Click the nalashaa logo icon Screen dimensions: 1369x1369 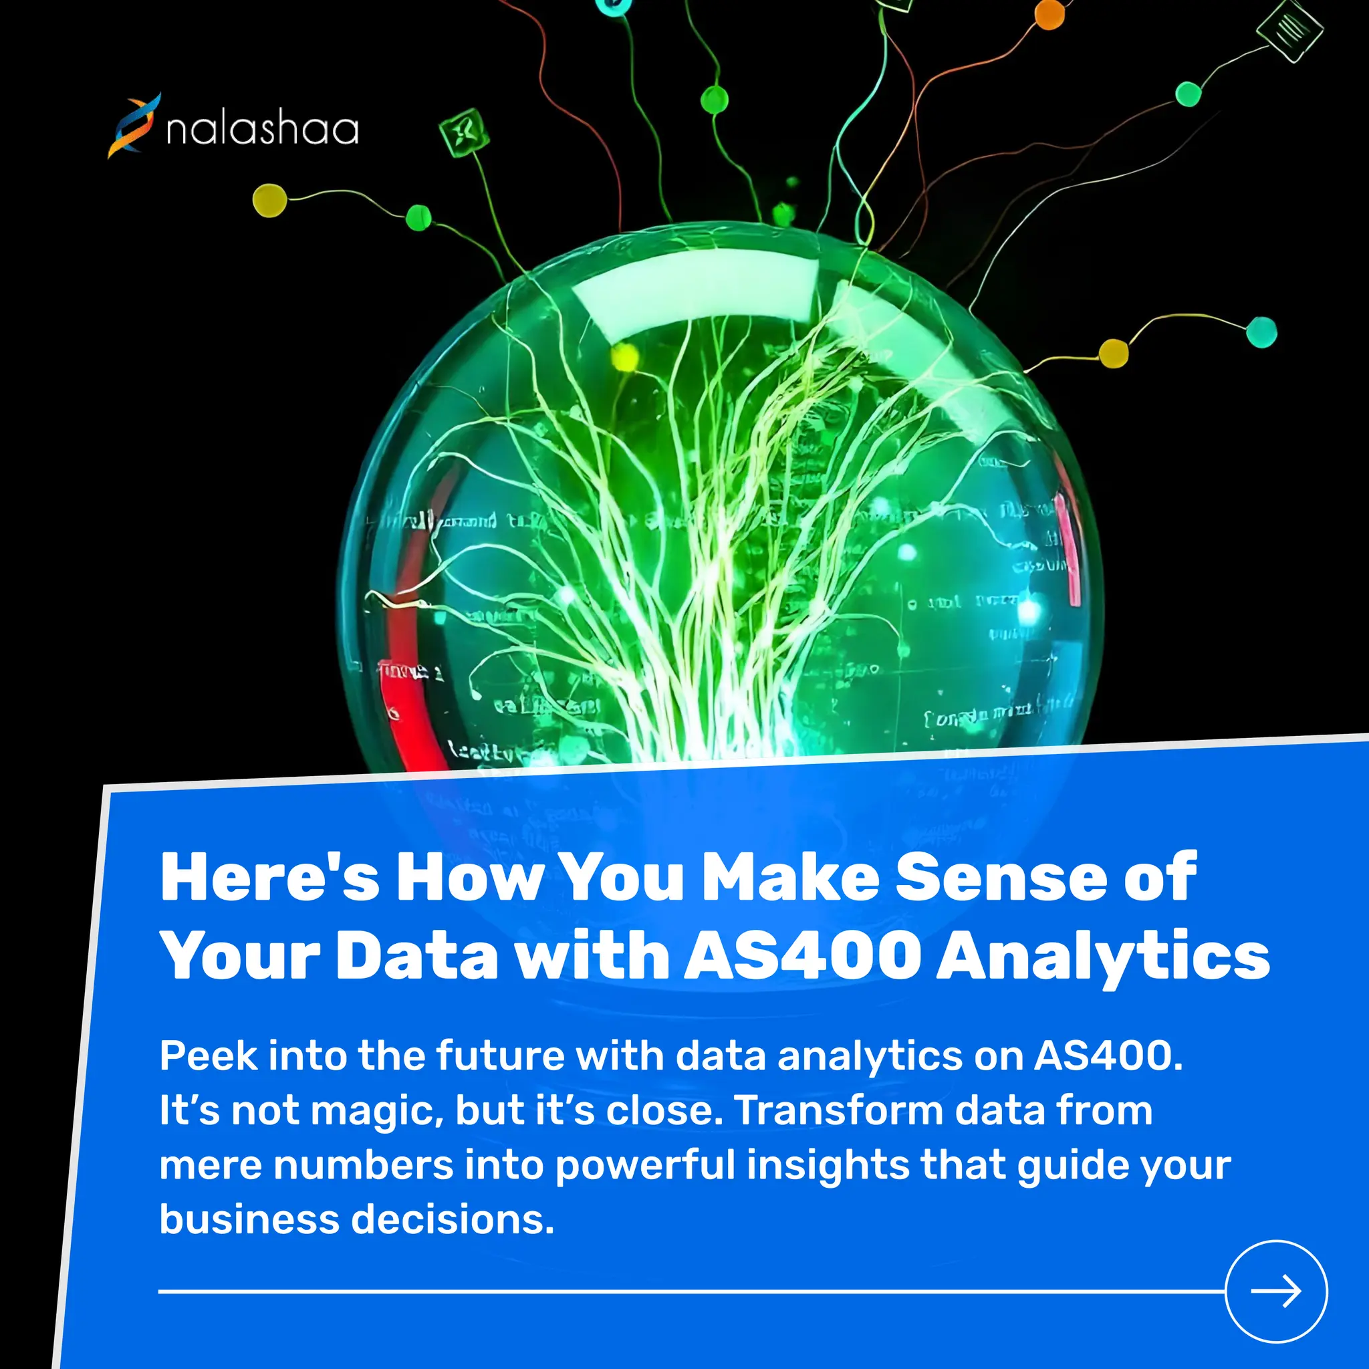(x=134, y=126)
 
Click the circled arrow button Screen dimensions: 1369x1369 (x=1275, y=1291)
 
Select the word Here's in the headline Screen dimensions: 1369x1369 (x=270, y=878)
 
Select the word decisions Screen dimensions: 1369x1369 (x=452, y=1219)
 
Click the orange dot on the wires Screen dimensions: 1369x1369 (x=1049, y=15)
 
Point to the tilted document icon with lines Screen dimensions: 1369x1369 (x=1289, y=30)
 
